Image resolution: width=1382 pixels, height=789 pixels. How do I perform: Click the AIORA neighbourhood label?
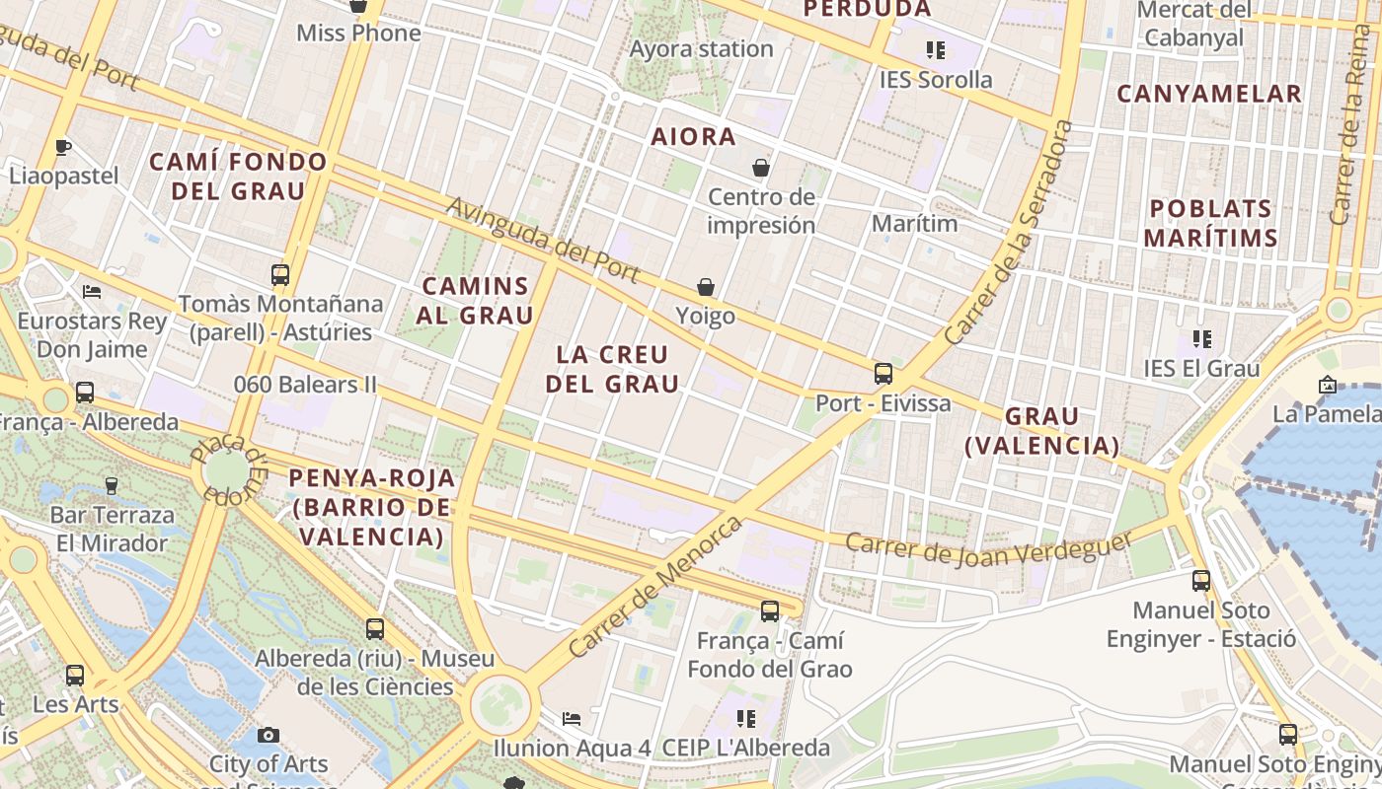(x=693, y=137)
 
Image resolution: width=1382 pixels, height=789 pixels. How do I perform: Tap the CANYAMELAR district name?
(x=1209, y=95)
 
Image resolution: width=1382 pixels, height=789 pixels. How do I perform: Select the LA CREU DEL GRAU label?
(x=612, y=369)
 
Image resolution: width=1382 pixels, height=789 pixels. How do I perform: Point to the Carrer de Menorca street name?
(x=655, y=587)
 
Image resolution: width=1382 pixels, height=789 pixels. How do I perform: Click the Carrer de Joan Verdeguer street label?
(x=988, y=550)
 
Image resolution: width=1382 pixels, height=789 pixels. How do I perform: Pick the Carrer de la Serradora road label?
(x=1008, y=233)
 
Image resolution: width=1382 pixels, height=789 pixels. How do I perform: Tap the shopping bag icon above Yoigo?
(x=706, y=287)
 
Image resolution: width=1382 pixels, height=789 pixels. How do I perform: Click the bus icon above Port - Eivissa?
(x=883, y=374)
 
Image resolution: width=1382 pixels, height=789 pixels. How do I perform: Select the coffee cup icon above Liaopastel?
(x=63, y=148)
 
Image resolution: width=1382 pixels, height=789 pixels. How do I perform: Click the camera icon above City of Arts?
(x=268, y=735)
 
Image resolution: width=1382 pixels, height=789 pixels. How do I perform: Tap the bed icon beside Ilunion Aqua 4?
(x=571, y=718)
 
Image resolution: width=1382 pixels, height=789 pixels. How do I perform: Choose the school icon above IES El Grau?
(x=1201, y=339)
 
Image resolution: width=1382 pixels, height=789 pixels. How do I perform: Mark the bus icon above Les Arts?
(x=75, y=676)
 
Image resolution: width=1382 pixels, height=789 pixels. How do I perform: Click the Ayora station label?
(x=701, y=48)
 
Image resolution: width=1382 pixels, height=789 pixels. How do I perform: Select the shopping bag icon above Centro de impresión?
(x=760, y=168)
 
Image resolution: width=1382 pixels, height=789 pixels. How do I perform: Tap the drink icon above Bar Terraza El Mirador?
(x=112, y=485)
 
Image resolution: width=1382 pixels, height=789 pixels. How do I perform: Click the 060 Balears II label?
(x=305, y=385)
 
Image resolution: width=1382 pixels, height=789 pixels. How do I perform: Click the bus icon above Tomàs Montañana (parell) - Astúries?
(x=280, y=275)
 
